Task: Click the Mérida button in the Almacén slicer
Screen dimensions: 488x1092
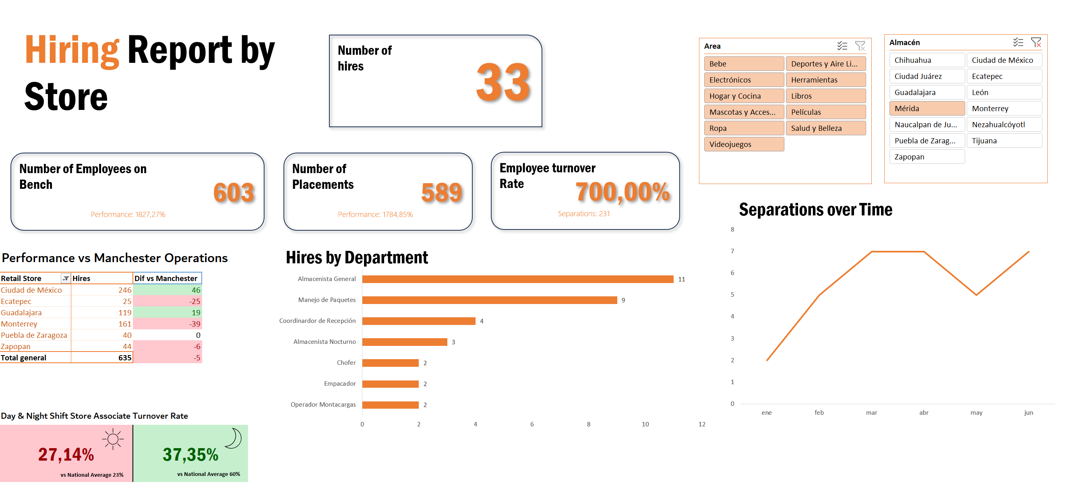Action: coord(926,109)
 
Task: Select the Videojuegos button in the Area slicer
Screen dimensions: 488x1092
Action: coord(744,144)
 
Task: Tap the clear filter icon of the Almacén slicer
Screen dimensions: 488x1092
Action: coord(1036,42)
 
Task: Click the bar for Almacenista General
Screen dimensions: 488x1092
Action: coord(517,279)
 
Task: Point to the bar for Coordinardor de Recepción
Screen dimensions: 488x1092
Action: coord(418,321)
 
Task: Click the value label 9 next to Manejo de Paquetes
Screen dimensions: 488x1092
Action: coord(623,300)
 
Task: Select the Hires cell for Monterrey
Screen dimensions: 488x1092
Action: coord(102,324)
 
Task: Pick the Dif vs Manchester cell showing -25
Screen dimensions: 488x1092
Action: coord(168,302)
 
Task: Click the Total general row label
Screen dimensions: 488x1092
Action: coord(24,358)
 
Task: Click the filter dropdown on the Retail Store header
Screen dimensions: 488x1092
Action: coord(66,279)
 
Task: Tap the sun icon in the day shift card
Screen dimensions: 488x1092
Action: coord(113,439)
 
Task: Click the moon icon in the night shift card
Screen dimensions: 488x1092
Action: coord(233,438)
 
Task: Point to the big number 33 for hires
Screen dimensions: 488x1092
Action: coord(503,83)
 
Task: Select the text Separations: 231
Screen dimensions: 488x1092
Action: coord(583,214)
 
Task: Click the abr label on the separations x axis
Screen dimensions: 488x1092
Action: coord(924,413)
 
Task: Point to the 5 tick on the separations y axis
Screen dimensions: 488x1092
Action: coord(732,295)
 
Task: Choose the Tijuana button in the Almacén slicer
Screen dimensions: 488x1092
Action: coord(1003,141)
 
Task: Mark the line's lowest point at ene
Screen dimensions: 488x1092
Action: coord(767,360)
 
